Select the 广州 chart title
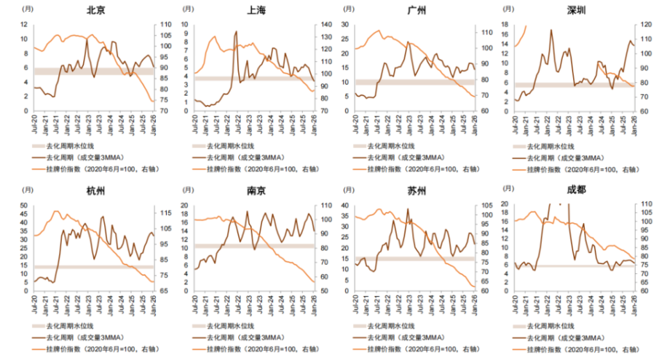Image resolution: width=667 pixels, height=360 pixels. point(417,10)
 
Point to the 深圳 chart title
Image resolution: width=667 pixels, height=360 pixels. point(577,10)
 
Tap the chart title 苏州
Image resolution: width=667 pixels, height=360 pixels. point(417,192)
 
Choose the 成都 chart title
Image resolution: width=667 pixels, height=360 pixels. point(577,192)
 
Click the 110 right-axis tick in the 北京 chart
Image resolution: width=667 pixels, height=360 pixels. point(166,24)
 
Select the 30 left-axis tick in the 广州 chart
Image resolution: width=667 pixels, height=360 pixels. point(345,24)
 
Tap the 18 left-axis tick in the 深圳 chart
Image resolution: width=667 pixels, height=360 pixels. point(506,24)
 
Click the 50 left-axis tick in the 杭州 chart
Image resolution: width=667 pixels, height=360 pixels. point(24,205)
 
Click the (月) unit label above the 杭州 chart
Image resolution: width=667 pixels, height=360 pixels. point(26,190)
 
